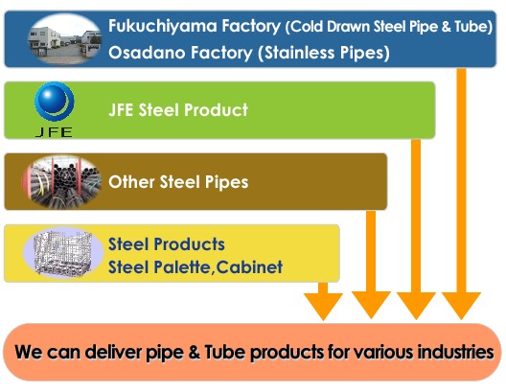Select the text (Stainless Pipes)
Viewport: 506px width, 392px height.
click(324, 53)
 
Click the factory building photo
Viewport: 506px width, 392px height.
click(64, 39)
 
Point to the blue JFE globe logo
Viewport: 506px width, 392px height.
click(55, 102)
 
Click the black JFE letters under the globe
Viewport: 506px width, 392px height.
click(54, 132)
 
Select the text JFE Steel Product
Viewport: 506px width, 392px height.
click(178, 109)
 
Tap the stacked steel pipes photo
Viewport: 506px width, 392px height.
click(62, 183)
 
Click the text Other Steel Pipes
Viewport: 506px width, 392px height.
click(178, 182)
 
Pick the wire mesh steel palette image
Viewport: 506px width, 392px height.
click(63, 253)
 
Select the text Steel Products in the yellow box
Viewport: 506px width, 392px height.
click(167, 243)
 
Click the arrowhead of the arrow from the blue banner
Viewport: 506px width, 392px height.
click(461, 306)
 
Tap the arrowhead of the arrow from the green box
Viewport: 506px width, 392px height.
click(416, 306)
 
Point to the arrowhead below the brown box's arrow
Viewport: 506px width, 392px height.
click(371, 305)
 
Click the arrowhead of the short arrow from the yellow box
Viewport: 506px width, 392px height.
click(323, 307)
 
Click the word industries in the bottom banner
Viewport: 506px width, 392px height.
click(455, 352)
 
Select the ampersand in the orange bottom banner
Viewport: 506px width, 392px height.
click(195, 352)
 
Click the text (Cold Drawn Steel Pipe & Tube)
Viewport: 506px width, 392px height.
click(389, 27)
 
